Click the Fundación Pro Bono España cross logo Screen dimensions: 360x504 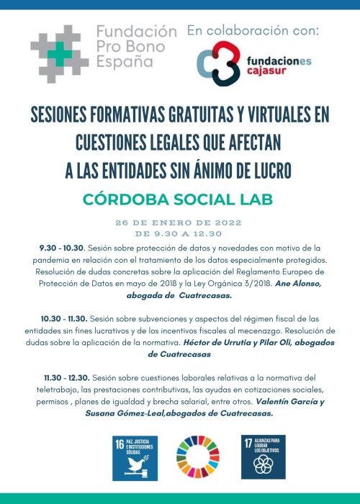(60, 53)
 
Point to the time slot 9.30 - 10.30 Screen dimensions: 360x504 (63, 246)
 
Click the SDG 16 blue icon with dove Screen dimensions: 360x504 (134, 457)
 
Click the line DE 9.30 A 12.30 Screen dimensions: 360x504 (180, 233)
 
